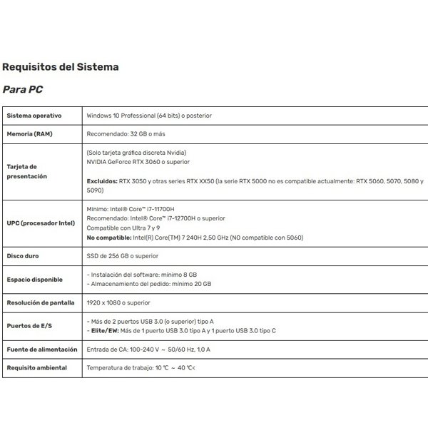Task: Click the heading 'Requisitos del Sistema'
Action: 60,68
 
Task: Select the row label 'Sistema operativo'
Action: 34,116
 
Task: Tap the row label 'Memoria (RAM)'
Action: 30,133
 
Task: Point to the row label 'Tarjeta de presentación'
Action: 27,170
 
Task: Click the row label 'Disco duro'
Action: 23,255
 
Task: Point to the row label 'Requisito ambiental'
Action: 37,368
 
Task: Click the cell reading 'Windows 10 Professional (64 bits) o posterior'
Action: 148,116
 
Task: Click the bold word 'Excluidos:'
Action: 101,181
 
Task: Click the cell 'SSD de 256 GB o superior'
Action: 122,255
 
